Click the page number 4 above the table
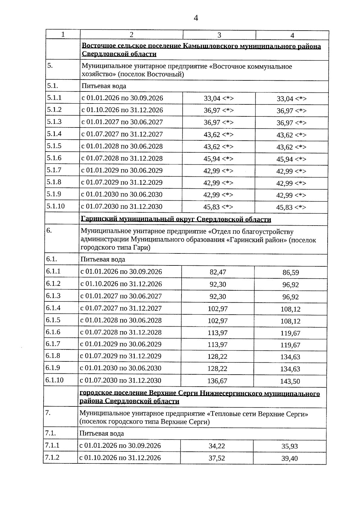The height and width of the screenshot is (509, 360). [x=196, y=18]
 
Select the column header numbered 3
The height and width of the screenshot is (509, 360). [x=219, y=35]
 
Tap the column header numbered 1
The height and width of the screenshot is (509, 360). [x=63, y=34]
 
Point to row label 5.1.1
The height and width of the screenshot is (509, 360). [x=54, y=98]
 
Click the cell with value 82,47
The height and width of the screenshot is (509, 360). [x=218, y=272]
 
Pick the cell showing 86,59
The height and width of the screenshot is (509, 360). [x=290, y=273]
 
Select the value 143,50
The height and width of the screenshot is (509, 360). [x=290, y=382]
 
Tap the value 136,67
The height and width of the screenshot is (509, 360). [x=217, y=381]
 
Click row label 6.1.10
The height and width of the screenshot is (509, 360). [x=55, y=380]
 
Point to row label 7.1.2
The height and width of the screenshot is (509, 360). [x=52, y=458]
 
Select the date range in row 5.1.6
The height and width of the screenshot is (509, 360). [x=122, y=158]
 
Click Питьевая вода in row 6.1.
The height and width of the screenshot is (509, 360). [x=103, y=259]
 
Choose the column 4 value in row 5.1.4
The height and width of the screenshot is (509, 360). [x=291, y=135]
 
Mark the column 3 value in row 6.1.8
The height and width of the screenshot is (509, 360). [x=217, y=357]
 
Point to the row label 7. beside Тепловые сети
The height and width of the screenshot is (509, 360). [x=48, y=413]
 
